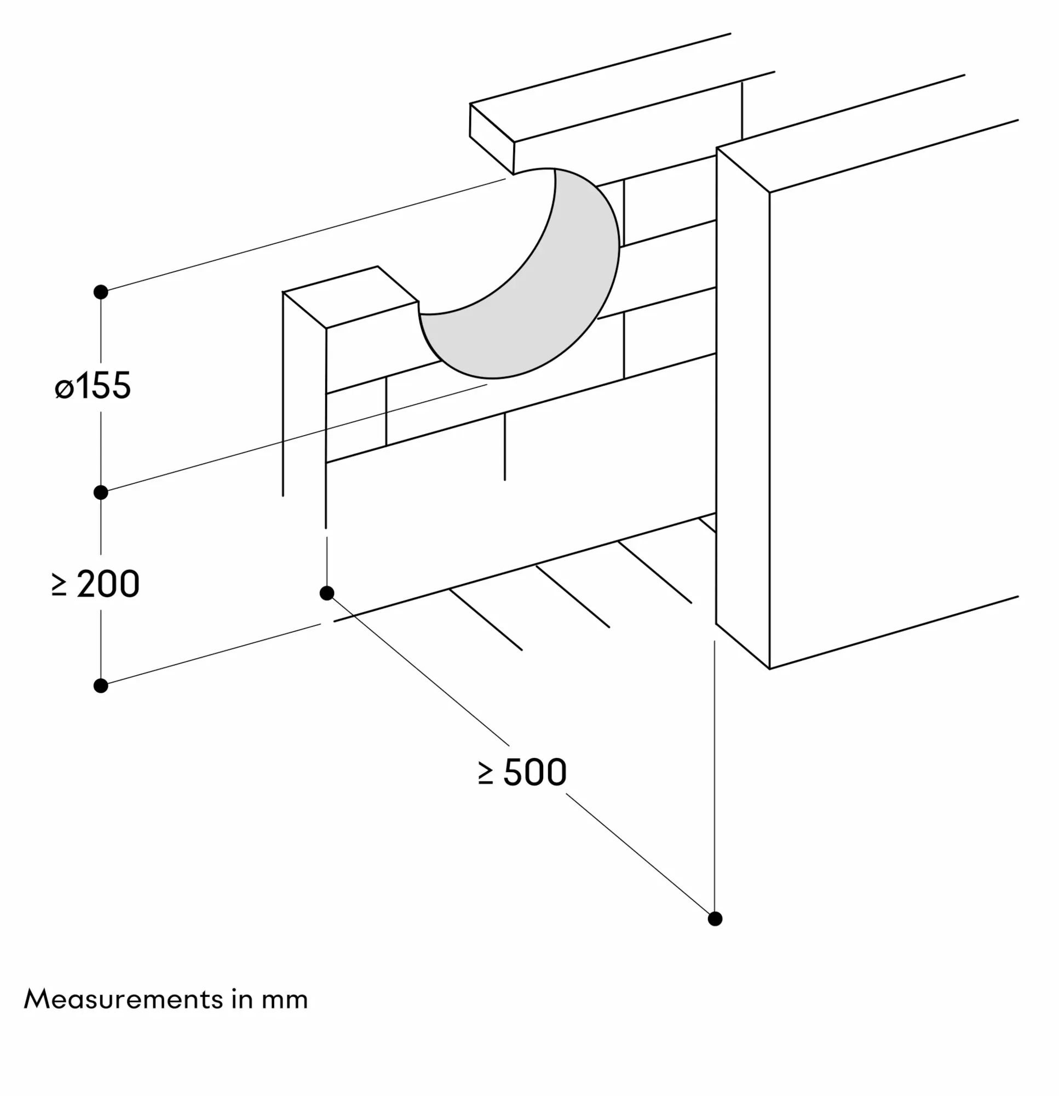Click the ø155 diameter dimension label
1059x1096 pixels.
tap(93, 385)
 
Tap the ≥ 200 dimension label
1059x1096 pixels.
tap(95, 584)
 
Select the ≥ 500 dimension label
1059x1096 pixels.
tap(522, 772)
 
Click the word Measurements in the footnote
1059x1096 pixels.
tap(124, 999)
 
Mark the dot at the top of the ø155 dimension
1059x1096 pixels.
tap(101, 292)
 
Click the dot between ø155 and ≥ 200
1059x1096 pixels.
tap(101, 493)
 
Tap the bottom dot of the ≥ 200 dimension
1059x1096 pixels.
tap(101, 686)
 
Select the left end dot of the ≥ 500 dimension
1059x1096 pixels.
tap(327, 593)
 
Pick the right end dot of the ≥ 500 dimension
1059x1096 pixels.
tap(715, 919)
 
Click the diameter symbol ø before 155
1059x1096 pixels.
tap(64, 388)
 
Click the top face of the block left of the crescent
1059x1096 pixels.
tap(350, 297)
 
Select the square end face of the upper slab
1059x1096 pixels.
tap(492, 139)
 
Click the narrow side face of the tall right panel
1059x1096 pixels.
tap(743, 408)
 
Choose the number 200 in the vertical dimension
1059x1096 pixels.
tap(108, 584)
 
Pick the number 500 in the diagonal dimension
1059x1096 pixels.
tap(536, 772)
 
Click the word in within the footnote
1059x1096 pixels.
tap(242, 1000)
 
